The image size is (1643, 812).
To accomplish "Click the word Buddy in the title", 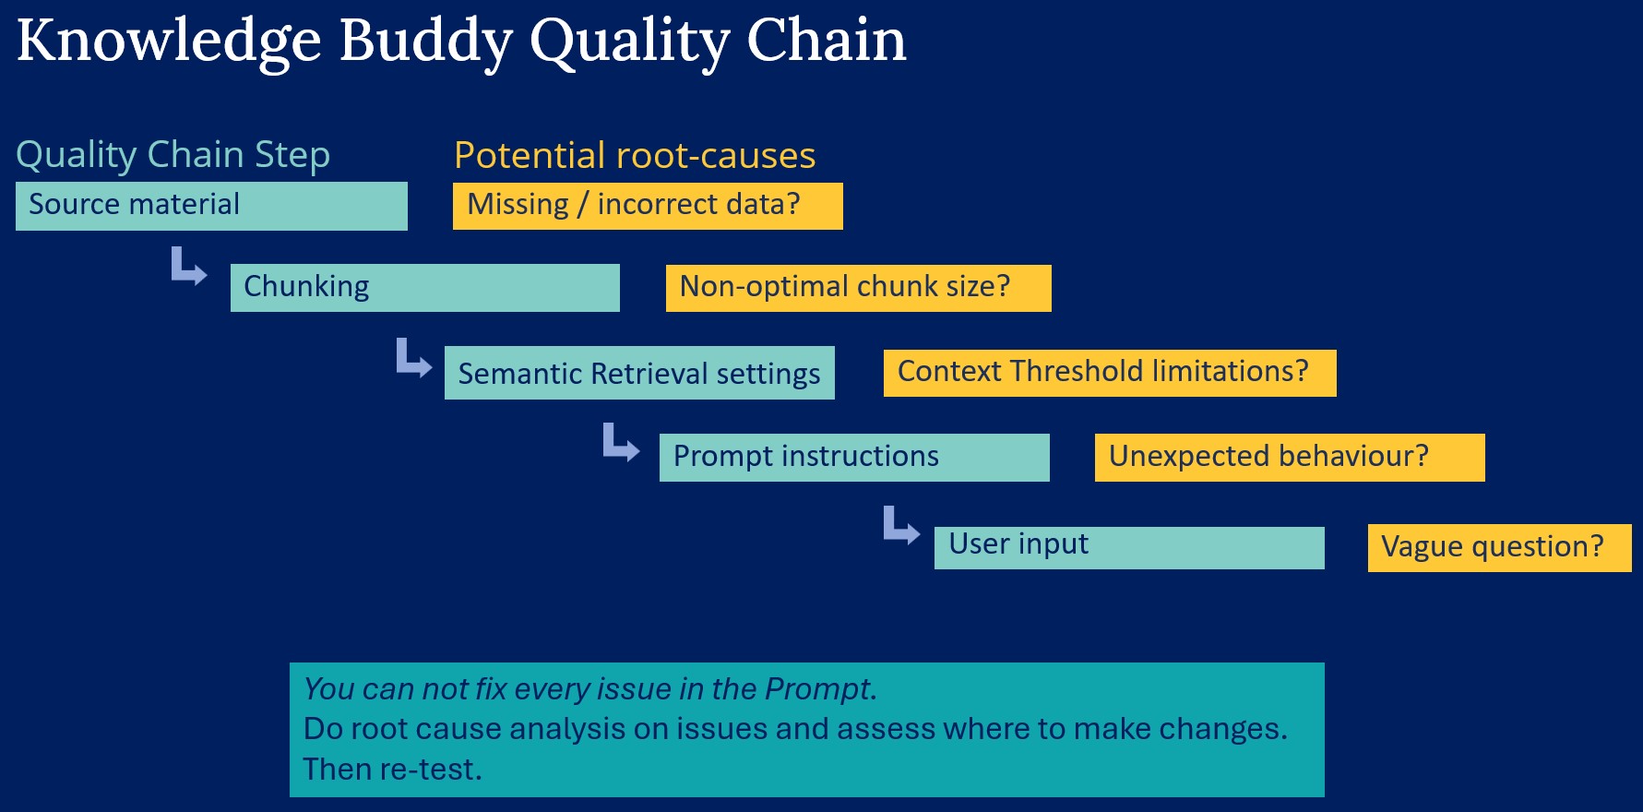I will click(424, 42).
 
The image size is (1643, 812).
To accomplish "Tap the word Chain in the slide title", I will click(826, 42).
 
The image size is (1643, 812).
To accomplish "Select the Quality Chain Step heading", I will click(173, 155).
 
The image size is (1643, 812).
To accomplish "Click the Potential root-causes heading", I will click(634, 155).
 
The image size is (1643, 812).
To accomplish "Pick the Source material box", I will click(211, 206).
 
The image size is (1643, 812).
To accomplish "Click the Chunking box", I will click(424, 287).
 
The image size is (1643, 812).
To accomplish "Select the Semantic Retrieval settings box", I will click(638, 373).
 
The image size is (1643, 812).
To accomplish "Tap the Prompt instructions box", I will click(853, 457).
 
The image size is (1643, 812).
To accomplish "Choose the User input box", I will click(1128, 547).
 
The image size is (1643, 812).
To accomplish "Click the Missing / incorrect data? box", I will click(647, 205).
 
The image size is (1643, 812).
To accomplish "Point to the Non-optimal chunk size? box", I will click(858, 287).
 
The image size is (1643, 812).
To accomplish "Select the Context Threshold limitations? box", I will click(1109, 372).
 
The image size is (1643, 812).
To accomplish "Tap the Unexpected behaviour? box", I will click(1289, 457).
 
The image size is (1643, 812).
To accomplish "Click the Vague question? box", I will click(1498, 547).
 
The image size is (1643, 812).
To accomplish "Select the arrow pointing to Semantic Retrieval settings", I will click(412, 357).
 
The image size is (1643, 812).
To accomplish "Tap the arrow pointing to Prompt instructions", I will click(620, 442).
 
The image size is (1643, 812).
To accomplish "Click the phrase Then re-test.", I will click(392, 769).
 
